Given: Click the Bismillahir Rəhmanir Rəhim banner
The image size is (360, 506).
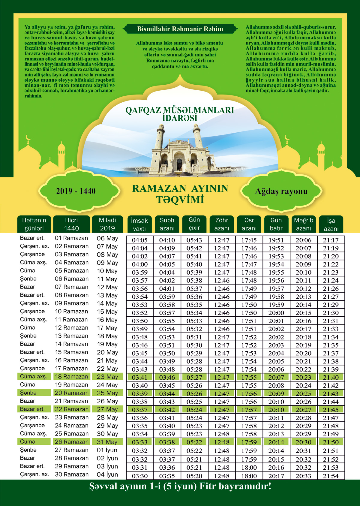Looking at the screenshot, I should (180, 29).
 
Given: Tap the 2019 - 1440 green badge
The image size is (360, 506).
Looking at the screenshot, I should (76, 191).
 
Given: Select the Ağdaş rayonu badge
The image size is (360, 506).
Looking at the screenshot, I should (281, 191).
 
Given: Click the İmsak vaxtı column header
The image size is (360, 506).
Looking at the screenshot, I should (139, 224).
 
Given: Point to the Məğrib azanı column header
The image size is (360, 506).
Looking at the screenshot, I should (303, 224).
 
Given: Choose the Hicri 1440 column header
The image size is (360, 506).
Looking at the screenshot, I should (71, 224).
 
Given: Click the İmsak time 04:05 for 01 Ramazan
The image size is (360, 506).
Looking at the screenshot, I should (139, 240).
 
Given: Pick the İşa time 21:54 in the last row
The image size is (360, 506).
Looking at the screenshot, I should (331, 476).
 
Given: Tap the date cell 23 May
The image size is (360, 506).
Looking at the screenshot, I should (107, 377).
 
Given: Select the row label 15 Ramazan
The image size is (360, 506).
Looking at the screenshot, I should (71, 352).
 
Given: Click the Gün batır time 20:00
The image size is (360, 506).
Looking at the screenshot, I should (276, 313).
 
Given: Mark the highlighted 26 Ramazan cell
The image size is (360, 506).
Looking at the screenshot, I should (71, 442).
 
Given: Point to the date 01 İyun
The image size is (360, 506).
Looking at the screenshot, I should (107, 450).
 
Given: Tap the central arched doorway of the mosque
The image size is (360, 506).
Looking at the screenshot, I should (179, 164).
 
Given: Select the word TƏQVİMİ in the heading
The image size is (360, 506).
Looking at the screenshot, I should (180, 200).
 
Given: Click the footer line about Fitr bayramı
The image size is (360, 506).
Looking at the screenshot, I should (180, 486).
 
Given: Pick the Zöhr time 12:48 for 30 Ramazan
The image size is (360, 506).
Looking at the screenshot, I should (222, 476).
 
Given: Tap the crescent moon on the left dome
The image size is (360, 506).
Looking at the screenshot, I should (28, 138).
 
